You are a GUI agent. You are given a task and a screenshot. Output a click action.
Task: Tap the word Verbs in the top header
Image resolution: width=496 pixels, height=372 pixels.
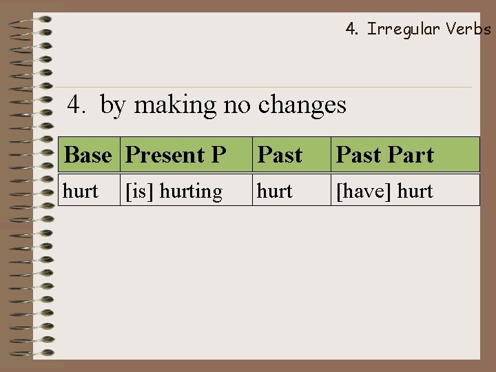468,29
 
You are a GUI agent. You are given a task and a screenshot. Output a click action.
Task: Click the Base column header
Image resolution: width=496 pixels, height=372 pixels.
87,155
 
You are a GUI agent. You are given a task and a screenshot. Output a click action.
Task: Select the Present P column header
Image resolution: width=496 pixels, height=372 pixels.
176,155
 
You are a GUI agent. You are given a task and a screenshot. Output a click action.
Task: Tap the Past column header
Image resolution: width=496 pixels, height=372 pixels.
280,155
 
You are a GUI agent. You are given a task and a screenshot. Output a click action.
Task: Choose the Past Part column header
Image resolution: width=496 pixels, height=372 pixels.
384,155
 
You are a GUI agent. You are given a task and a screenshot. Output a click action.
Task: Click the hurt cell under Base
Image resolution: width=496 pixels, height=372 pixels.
81,191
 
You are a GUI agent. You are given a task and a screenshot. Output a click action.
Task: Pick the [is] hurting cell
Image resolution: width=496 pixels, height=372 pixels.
173,191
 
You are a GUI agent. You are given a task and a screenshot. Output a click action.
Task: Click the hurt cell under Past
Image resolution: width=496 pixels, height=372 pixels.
274,191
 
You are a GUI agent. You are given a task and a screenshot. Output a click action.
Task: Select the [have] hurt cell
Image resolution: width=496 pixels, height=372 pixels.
384,191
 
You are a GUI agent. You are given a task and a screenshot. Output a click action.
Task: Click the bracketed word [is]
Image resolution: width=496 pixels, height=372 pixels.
138,191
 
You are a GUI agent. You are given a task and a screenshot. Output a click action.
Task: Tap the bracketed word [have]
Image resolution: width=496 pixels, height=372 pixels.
362,191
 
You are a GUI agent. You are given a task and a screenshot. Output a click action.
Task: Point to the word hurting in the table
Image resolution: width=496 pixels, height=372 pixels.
191,191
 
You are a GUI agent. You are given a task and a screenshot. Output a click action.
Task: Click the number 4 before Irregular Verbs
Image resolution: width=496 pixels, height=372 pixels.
351,29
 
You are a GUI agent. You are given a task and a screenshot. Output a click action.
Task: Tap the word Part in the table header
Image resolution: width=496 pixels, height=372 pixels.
411,155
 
